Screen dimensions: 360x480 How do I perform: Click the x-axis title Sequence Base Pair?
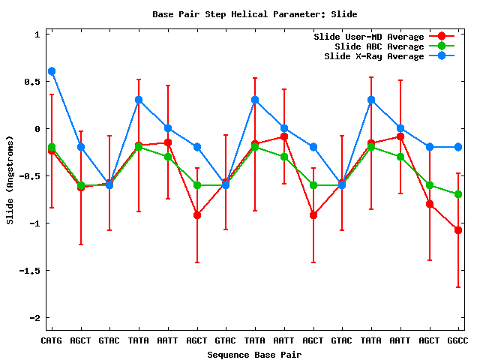point(254,354)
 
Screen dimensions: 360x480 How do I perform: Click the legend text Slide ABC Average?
point(379,46)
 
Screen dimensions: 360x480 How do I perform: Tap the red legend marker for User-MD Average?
point(442,37)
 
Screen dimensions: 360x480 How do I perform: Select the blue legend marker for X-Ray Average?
point(442,56)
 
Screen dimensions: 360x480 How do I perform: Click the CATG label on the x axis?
point(52,340)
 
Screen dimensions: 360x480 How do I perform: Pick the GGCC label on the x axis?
point(457,340)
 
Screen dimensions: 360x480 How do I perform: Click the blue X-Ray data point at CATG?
point(52,71)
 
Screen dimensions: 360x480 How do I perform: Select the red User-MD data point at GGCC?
point(458,230)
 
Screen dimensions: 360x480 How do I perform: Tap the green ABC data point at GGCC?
point(458,194)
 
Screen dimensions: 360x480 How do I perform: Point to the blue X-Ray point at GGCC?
point(458,147)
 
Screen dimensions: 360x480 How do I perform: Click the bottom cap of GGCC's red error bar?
point(458,287)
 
